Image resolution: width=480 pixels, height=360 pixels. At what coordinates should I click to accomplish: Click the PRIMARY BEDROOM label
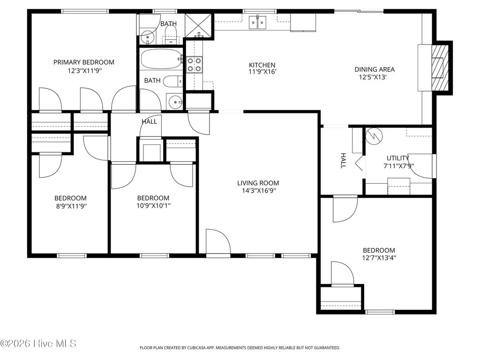(83, 62)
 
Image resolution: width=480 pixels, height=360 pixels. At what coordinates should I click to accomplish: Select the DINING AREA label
(374, 69)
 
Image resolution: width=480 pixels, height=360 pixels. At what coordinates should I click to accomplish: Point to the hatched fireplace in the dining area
(440, 68)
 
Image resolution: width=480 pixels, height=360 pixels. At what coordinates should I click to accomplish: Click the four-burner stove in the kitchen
(195, 65)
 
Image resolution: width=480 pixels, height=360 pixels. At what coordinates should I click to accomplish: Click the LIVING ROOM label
(258, 183)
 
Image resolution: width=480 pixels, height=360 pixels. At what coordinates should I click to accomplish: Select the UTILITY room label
(397, 158)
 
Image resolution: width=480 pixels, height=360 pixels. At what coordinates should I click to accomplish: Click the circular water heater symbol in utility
(374, 136)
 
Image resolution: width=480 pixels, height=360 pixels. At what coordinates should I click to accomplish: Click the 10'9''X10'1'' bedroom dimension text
(153, 205)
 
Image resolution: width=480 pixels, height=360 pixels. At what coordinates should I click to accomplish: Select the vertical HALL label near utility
(343, 161)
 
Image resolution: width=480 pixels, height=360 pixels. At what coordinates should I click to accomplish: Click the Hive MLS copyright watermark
(38, 344)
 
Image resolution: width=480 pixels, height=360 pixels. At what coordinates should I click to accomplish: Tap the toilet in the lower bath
(172, 81)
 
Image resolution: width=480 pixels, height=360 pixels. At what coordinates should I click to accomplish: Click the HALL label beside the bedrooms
(149, 121)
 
